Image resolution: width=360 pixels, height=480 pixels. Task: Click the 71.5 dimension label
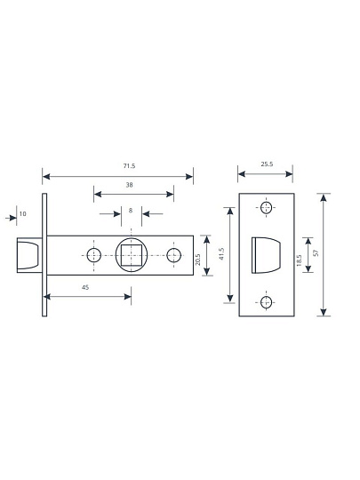click(129, 166)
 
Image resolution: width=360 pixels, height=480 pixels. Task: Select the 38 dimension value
click(130, 185)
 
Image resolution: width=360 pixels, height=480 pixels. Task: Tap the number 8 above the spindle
click(131, 211)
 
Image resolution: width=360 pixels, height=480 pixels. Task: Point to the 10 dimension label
click(23, 213)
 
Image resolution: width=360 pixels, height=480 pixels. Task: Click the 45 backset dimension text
click(85, 287)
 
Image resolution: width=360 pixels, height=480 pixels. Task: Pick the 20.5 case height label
click(197, 260)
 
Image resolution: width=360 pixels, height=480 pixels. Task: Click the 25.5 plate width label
click(267, 164)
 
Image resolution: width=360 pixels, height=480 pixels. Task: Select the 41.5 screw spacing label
click(222, 253)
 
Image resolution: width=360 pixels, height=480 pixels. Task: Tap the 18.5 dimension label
click(299, 260)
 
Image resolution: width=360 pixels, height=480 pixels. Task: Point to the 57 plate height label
click(316, 252)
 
